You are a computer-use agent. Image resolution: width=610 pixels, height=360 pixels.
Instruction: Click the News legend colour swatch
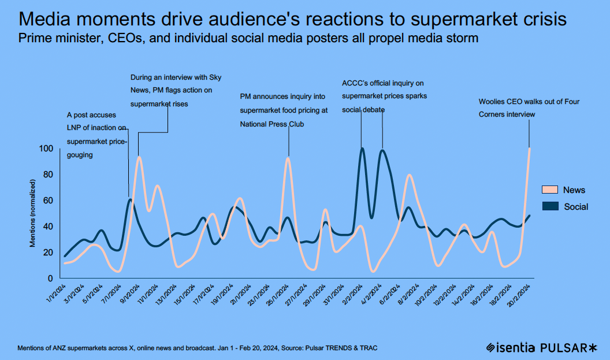pos(550,190)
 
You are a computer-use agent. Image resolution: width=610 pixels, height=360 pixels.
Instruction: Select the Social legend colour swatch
pos(550,206)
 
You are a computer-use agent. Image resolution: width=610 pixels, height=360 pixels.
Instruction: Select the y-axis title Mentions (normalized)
pos(33,213)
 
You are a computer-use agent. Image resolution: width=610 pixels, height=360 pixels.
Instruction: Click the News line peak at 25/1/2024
pos(288,158)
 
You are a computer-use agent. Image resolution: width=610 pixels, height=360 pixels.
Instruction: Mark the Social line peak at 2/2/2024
pos(362,149)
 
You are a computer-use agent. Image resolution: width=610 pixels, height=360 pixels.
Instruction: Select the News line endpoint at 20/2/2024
pos(529,149)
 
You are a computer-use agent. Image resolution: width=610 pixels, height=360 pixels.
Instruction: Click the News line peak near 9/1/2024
pos(139,157)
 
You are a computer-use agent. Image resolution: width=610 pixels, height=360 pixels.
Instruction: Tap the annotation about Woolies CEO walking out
pos(529,108)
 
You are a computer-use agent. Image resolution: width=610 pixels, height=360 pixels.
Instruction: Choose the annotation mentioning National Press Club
pos(284,110)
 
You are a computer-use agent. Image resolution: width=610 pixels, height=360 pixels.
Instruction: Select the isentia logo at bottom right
pos(511,347)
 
